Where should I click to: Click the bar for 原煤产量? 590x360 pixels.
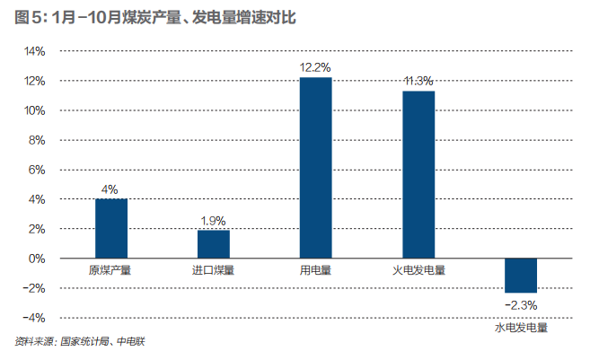coord(110,228)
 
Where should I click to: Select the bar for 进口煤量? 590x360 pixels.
coord(214,244)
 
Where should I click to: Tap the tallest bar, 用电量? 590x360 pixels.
coord(316,168)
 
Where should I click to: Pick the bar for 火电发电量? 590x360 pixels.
coord(418,174)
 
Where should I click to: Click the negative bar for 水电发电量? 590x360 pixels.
coord(521,276)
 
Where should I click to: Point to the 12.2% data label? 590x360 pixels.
coord(316,67)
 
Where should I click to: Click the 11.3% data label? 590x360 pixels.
coord(418,81)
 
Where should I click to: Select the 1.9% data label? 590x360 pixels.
coord(214,220)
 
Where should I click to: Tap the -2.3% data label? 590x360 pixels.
coord(521,305)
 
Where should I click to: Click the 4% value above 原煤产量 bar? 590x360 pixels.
coord(110,189)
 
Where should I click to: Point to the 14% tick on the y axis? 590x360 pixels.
coord(34,51)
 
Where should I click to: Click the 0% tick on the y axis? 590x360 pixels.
coord(38,259)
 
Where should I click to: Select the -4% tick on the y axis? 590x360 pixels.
coord(34,318)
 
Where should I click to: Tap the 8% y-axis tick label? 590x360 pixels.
coord(38,140)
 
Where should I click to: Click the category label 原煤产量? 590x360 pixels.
coord(110,269)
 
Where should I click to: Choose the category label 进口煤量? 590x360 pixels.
coord(214,269)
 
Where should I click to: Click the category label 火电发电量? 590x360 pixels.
coord(418,269)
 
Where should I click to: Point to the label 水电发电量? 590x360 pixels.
coord(521,329)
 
